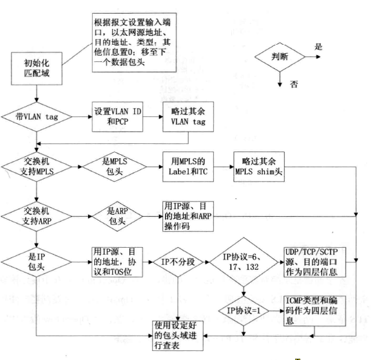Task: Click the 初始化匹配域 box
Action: click(x=36, y=69)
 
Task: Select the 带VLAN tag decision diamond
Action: click(x=36, y=117)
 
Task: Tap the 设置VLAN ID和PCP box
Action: click(x=118, y=117)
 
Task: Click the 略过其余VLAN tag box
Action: click(x=189, y=117)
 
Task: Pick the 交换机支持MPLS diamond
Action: click(x=36, y=167)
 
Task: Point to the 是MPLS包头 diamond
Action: click(x=114, y=167)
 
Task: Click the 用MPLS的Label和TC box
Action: click(x=189, y=167)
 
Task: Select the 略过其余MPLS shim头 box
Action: click(x=259, y=167)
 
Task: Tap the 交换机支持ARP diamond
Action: click(x=36, y=216)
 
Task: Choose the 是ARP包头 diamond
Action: click(x=117, y=216)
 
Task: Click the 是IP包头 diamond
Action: click(x=36, y=262)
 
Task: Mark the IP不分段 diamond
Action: click(x=178, y=262)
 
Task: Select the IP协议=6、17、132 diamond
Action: click(x=244, y=262)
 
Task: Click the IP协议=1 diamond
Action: click(x=244, y=311)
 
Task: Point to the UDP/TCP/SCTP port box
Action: click(x=314, y=262)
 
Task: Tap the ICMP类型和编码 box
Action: click(x=314, y=311)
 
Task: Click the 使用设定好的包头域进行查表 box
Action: click(x=178, y=336)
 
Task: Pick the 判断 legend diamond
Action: click(x=280, y=57)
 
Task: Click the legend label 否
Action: click(x=294, y=84)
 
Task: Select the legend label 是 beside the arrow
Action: click(x=319, y=46)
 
